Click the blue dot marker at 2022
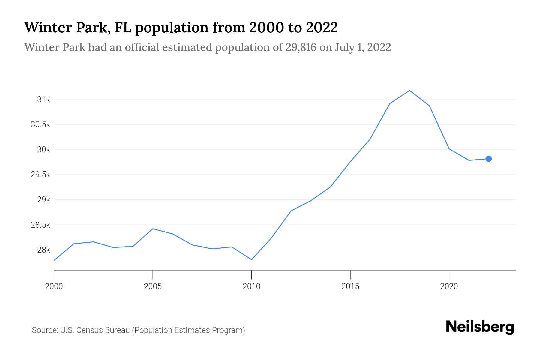[489, 158]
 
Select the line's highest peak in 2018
[410, 91]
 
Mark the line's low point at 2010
[251, 260]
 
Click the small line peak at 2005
[152, 228]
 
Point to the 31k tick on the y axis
[43, 100]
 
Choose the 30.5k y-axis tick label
[41, 125]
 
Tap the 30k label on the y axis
[43, 150]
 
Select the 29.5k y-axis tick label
[41, 174]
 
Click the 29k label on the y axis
[43, 199]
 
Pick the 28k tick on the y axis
[43, 249]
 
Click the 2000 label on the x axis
[54, 285]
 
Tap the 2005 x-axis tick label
[152, 285]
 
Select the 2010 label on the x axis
[251, 285]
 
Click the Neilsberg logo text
[479, 327]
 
